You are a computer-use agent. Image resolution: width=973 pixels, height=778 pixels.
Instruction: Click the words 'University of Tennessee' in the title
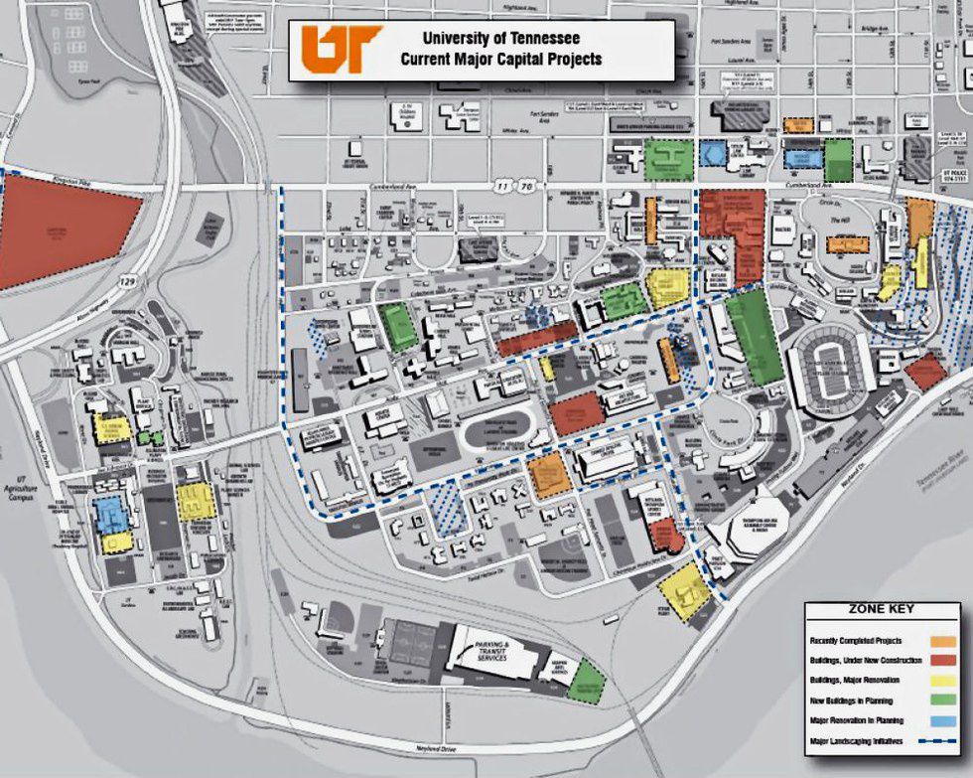click(x=500, y=40)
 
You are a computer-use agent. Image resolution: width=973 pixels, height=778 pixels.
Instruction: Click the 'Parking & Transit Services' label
click(x=491, y=651)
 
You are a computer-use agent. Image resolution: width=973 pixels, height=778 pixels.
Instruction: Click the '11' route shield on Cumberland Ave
click(x=505, y=186)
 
